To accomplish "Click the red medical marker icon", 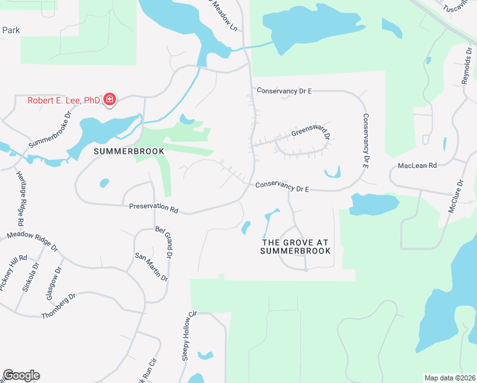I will [x=110, y=100].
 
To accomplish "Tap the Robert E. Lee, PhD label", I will [x=63, y=100].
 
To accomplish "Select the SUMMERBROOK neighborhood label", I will [x=129, y=151].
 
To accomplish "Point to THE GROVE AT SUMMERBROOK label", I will [x=296, y=246].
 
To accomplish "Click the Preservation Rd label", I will [x=153, y=207].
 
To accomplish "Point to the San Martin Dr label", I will [x=151, y=267].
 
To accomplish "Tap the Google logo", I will [x=21, y=375].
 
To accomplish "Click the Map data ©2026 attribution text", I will [x=450, y=378].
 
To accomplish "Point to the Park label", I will [x=11, y=30].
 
